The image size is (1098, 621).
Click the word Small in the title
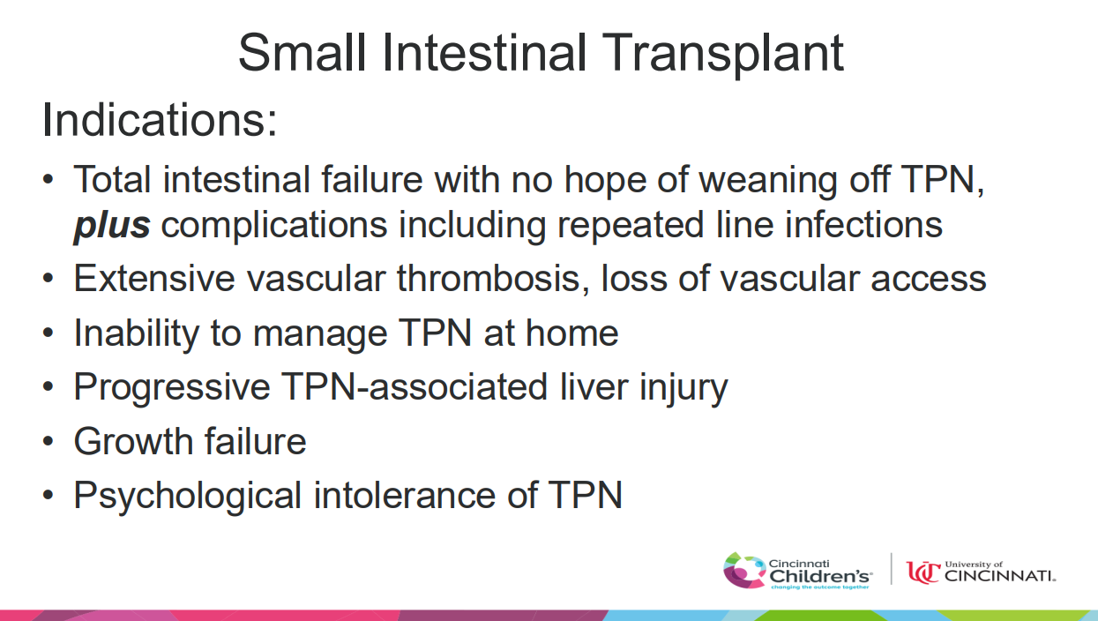(302, 52)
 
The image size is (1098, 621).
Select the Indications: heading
(160, 120)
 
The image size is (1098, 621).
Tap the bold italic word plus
(112, 226)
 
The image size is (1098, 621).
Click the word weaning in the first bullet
(768, 180)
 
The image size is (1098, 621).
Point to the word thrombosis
(494, 279)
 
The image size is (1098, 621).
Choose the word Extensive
(154, 279)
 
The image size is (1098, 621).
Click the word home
(572, 333)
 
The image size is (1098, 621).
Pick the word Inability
(137, 333)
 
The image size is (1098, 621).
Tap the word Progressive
(172, 387)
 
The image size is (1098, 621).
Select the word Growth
(133, 441)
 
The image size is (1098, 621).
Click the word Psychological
(188, 496)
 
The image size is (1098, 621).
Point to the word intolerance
(405, 495)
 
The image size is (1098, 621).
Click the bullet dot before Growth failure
(48, 442)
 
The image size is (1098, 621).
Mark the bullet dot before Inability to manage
(48, 333)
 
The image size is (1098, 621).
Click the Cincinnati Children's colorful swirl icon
(744, 571)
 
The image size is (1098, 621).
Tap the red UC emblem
(923, 572)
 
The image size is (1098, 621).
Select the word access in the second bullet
(929, 279)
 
